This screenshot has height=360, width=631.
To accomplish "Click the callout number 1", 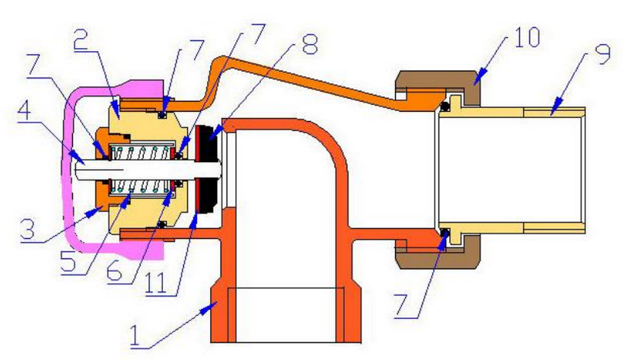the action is (135, 336).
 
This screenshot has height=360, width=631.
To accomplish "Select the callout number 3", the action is (27, 230).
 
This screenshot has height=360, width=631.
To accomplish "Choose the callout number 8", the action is (310, 44).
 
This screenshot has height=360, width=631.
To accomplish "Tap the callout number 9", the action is (602, 53).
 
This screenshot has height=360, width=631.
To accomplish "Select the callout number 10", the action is (525, 37).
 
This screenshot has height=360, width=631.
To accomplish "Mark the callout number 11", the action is (156, 284).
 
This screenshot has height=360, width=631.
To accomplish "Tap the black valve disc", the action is (209, 168).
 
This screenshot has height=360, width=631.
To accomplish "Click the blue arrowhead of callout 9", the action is (556, 108).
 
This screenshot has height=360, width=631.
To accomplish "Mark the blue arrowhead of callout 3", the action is (95, 210).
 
